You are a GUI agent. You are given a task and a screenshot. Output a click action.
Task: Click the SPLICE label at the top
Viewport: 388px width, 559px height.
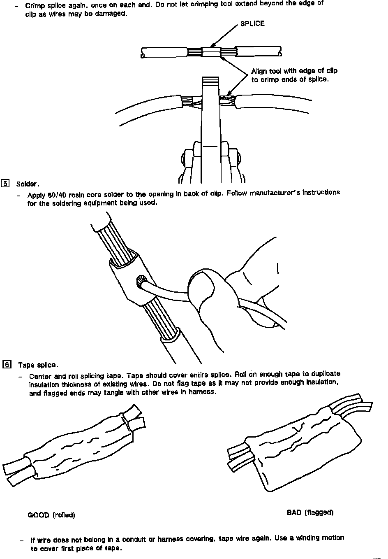[252, 23]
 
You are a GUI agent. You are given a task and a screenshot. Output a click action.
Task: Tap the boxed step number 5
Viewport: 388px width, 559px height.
[5, 184]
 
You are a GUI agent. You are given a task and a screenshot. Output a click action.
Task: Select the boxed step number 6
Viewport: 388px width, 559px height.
[7, 364]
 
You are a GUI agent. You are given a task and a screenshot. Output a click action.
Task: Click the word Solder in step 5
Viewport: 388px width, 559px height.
[27, 184]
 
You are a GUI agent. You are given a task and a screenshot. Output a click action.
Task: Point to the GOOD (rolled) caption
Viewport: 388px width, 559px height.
[51, 515]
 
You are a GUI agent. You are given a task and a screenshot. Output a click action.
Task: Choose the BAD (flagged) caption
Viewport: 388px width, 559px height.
[309, 512]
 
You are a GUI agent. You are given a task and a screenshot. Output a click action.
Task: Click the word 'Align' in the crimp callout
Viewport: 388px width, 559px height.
[259, 71]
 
